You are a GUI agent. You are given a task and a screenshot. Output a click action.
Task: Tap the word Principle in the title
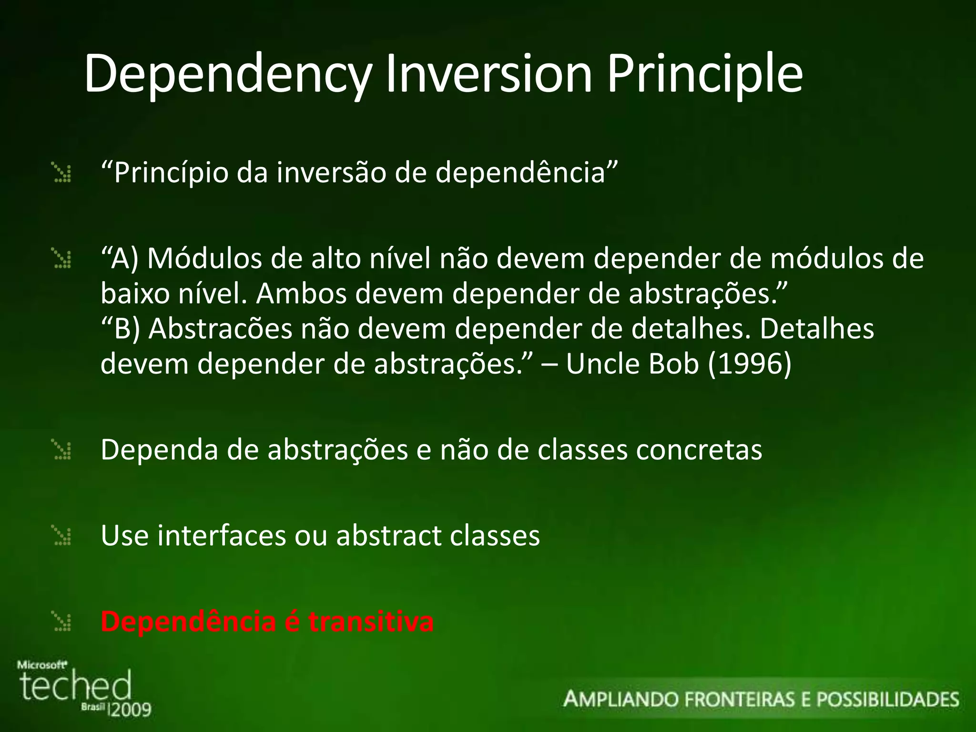click(x=705, y=74)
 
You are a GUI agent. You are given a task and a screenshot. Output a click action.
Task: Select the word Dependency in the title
click(x=227, y=74)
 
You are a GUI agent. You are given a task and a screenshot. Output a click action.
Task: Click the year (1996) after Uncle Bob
click(x=749, y=364)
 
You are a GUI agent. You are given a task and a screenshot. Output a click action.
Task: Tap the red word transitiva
click(x=371, y=621)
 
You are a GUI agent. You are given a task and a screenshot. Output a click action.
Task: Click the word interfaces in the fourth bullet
click(x=222, y=536)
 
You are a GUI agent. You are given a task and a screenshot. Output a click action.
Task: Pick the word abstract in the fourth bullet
click(x=389, y=536)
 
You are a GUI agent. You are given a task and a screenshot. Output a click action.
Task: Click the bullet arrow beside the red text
click(x=62, y=622)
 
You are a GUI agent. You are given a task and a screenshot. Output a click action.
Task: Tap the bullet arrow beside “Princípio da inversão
click(x=62, y=173)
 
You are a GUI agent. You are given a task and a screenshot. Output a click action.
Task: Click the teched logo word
click(x=75, y=685)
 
